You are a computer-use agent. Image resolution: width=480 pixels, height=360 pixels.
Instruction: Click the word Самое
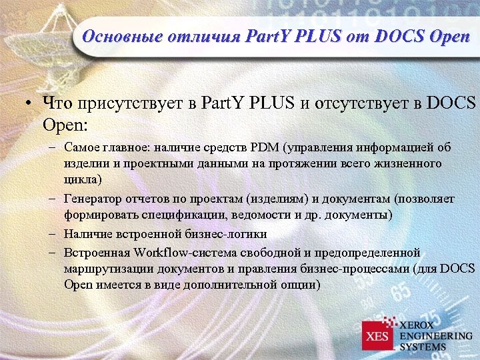(83, 147)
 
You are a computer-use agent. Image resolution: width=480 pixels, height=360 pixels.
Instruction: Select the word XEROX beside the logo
(419, 325)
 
